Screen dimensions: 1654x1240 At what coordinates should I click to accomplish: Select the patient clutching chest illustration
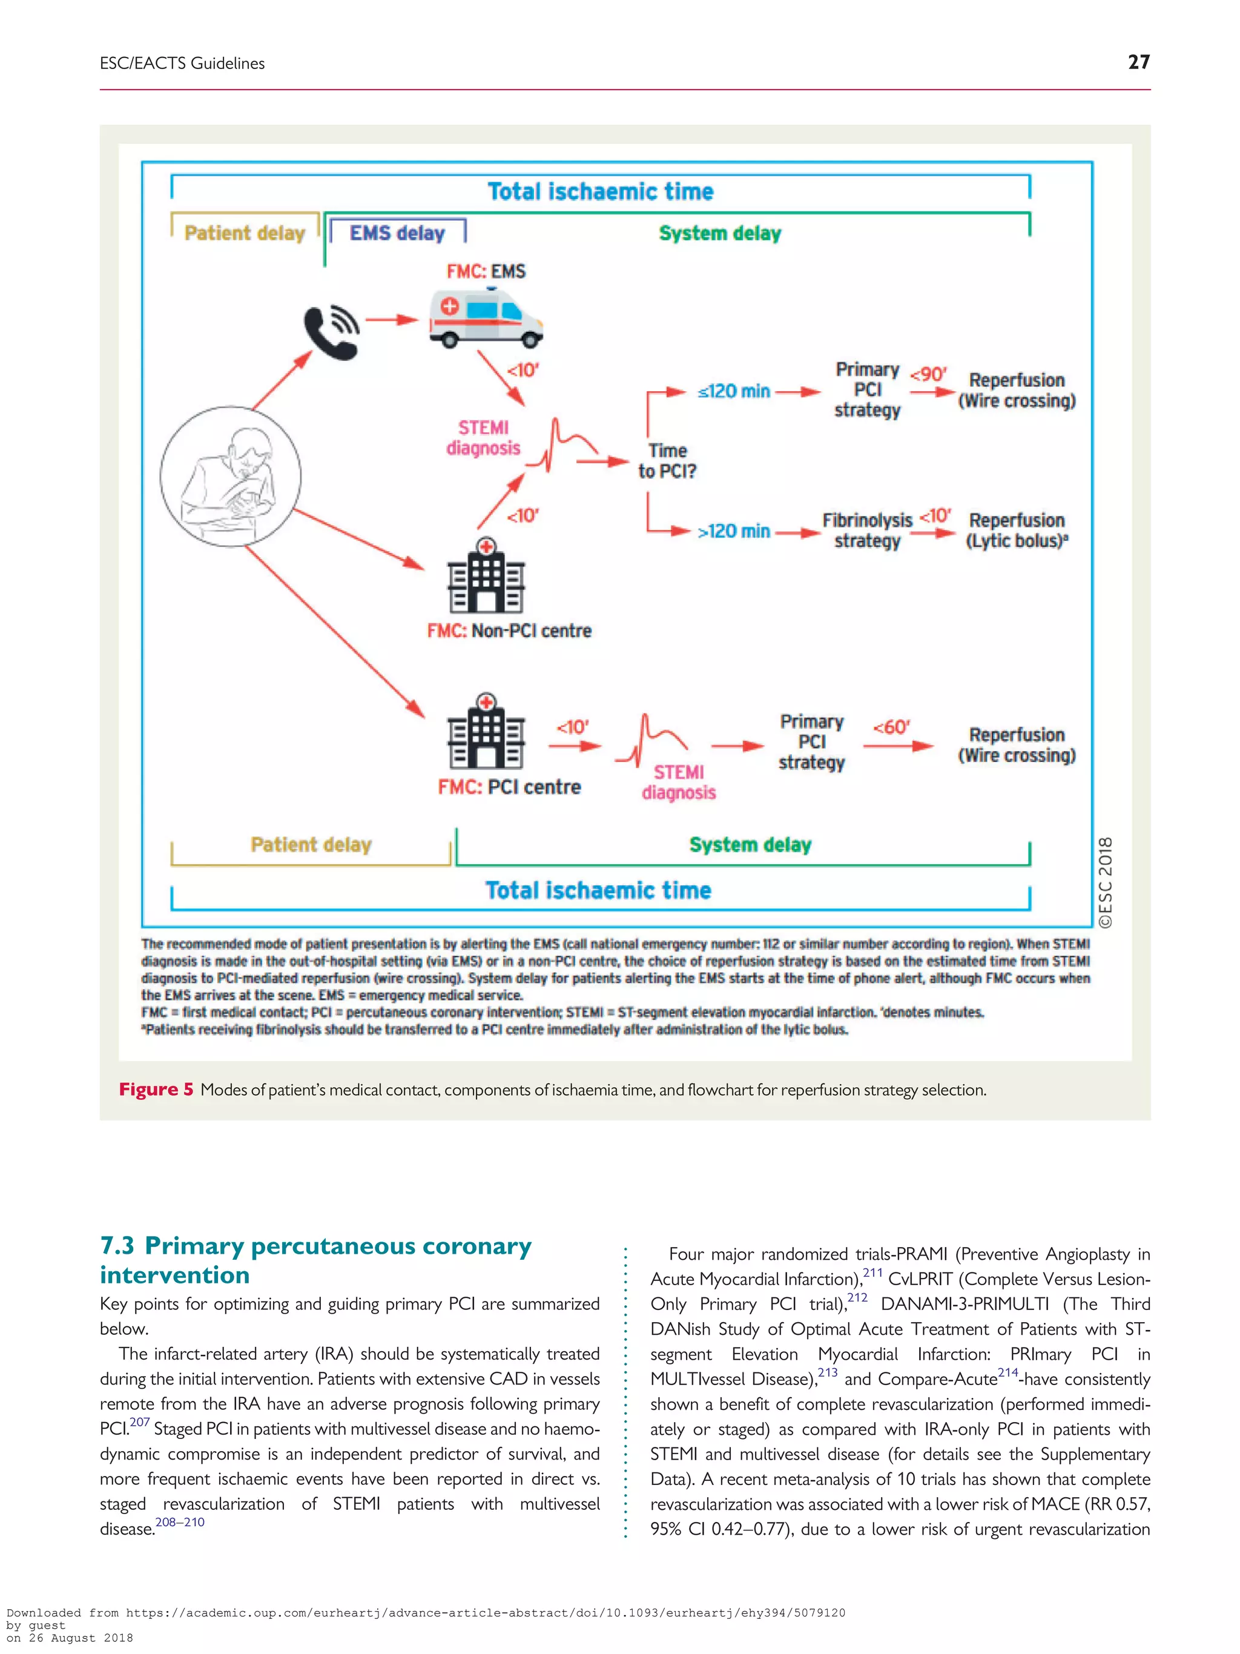(x=231, y=476)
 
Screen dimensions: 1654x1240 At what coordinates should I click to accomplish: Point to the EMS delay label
(x=397, y=233)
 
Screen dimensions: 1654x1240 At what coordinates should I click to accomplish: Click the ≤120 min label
(x=733, y=391)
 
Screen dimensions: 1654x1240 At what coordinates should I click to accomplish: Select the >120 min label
(x=733, y=531)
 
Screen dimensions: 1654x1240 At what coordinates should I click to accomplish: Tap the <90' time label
(x=928, y=374)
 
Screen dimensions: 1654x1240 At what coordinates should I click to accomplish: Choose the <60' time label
(x=891, y=727)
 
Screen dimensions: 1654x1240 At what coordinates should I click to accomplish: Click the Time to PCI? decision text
(x=667, y=461)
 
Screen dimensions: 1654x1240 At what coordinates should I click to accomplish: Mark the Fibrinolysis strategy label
(x=867, y=530)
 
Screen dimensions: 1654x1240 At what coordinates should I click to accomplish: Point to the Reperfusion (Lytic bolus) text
(x=1017, y=530)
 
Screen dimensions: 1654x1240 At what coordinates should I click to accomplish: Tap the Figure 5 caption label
(x=156, y=1090)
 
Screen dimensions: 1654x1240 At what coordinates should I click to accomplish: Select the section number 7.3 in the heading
(x=117, y=1246)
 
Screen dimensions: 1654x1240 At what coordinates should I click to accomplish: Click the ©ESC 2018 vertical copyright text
(x=1105, y=882)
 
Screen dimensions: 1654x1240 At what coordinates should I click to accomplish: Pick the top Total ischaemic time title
(x=600, y=191)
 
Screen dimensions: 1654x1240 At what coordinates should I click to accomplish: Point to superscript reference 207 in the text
(x=140, y=1422)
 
